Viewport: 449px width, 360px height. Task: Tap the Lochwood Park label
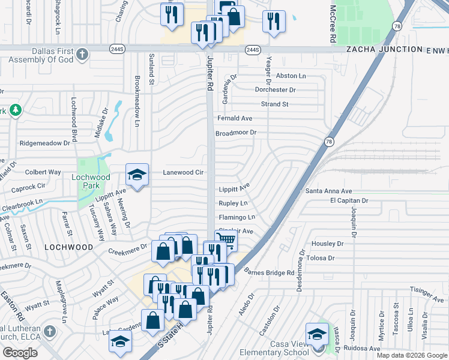pos(91,178)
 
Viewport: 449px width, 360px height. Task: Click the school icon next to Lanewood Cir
pos(137,175)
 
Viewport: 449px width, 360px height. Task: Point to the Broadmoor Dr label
pos(236,133)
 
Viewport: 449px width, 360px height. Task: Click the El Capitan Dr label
pos(349,200)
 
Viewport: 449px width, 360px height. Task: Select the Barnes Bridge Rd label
pos(270,272)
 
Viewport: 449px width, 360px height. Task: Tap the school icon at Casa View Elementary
pos(316,334)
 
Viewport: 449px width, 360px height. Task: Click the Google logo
pos(20,353)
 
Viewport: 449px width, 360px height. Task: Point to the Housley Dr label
pos(327,244)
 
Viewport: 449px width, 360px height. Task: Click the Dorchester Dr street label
pos(276,90)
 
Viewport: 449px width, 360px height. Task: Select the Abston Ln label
pos(291,76)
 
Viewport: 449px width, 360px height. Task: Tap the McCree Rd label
pos(332,24)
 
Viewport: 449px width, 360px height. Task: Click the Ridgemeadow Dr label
pos(45,143)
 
